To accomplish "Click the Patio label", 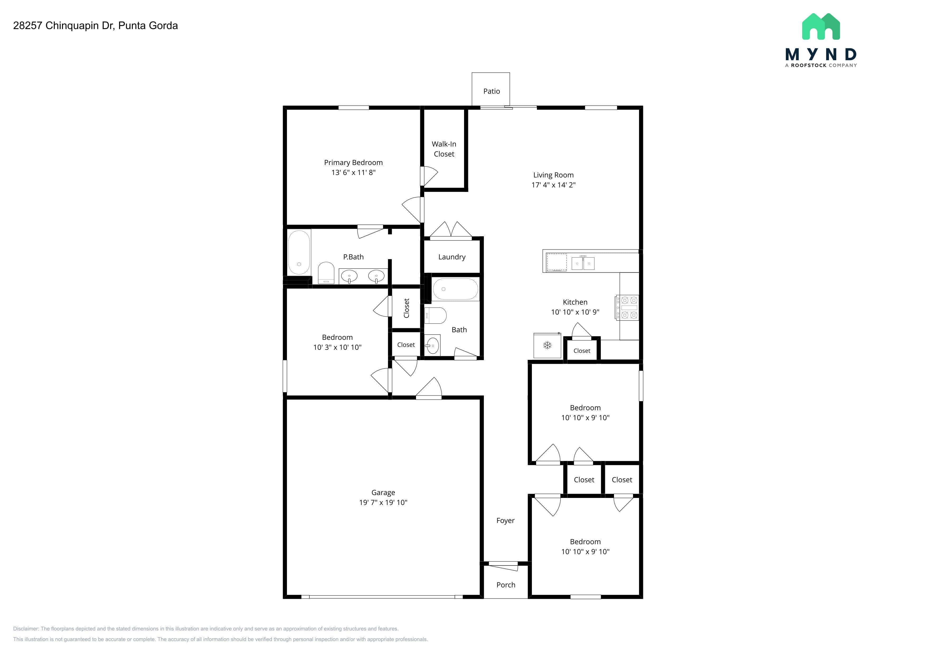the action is tap(491, 91).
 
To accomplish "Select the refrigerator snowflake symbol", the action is tap(547, 345).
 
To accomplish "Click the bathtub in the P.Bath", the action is tap(299, 252).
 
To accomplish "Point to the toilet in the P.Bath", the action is tap(326, 273).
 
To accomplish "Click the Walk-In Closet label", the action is tap(444, 149).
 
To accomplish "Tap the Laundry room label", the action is tap(452, 257).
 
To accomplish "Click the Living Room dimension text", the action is tap(553, 185).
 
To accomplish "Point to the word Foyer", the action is tap(505, 521).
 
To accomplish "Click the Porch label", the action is tap(506, 585).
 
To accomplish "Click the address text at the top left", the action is tap(96, 25).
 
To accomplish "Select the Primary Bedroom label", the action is tap(353, 163).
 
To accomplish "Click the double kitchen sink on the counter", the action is tap(583, 263).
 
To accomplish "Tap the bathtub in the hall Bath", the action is tap(455, 289).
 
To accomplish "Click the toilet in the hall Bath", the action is tap(436, 315).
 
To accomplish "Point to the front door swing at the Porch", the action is tap(503, 566).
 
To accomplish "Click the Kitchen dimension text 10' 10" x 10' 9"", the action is tap(575, 312).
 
